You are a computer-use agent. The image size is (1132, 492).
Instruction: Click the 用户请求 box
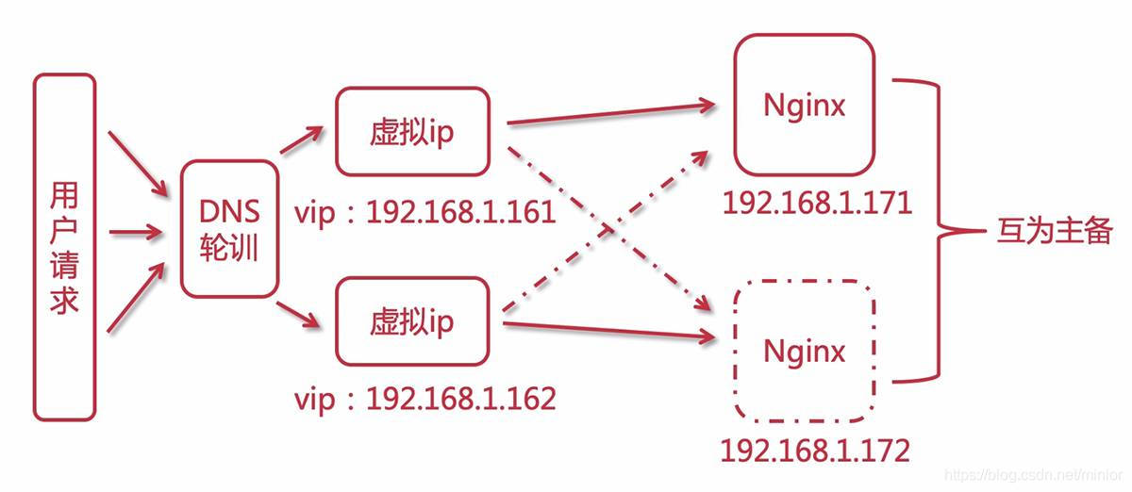64,247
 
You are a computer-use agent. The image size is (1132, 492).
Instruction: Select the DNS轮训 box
229,227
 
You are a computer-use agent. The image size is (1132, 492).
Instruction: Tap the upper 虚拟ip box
411,131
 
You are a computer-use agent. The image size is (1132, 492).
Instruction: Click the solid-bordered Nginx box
804,105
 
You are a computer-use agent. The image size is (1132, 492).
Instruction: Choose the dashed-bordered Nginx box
804,351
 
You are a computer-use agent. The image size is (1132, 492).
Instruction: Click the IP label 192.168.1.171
817,203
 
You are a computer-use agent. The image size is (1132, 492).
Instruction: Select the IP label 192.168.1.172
815,450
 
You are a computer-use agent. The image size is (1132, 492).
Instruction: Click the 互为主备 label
1055,231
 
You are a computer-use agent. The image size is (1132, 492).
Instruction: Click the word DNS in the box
229,209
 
